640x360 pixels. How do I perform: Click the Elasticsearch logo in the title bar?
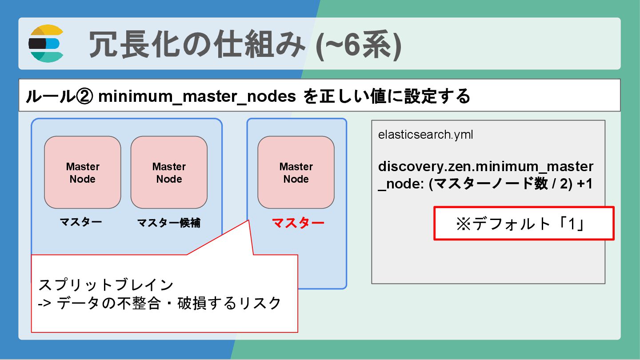[x=46, y=44]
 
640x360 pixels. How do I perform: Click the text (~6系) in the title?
[x=358, y=45]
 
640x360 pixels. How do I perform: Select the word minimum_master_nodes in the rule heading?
[x=197, y=96]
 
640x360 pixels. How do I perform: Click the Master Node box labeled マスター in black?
[x=83, y=172]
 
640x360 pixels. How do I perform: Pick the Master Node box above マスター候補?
[x=169, y=172]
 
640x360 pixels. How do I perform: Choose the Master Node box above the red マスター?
[x=296, y=172]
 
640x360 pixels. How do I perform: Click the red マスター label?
[x=298, y=223]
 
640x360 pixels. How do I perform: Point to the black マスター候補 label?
[x=169, y=223]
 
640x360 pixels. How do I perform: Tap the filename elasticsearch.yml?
[x=425, y=135]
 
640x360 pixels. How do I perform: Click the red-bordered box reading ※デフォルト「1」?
[x=524, y=224]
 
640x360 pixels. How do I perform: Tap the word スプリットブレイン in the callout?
[x=106, y=284]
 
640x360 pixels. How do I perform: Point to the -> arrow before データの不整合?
[x=45, y=304]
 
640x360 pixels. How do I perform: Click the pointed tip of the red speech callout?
[x=248, y=220]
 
